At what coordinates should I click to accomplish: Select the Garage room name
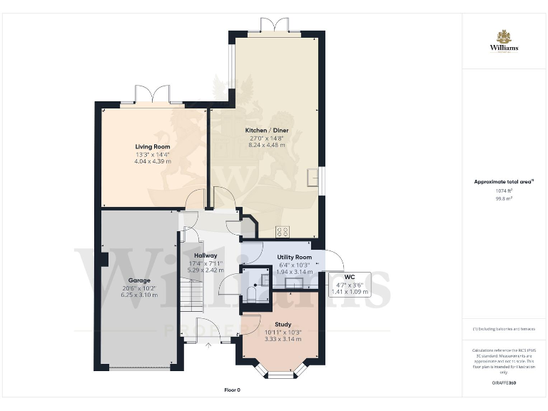139,280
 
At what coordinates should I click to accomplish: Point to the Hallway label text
205,255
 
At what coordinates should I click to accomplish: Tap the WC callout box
350,284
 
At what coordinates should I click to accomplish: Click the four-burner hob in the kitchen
283,231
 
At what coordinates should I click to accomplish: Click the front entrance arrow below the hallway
208,346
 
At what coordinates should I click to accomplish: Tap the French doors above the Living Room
152,94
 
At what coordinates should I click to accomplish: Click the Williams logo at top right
504,41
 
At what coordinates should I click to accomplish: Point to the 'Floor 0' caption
233,390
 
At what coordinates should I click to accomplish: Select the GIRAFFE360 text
504,384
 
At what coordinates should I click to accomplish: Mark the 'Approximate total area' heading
504,182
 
